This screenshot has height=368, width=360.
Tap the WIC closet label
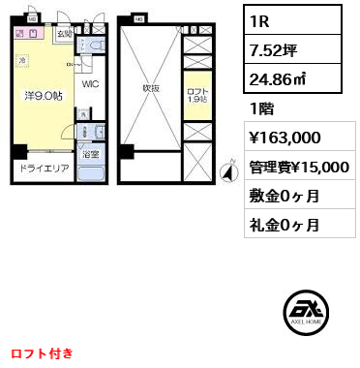pos(90,84)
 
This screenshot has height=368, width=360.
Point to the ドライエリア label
pos(39,168)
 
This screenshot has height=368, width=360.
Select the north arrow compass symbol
pos(228,173)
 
